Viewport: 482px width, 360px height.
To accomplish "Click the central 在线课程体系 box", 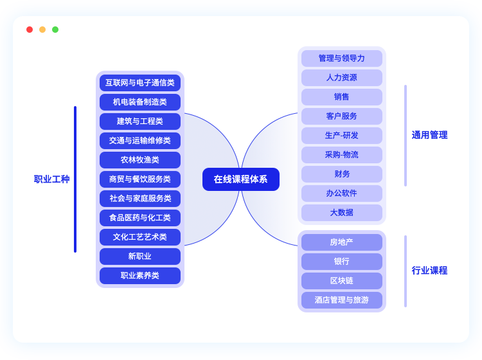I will click(x=241, y=179).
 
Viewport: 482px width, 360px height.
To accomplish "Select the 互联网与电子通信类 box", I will click(x=140, y=83).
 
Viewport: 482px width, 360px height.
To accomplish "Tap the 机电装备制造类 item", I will click(x=140, y=102).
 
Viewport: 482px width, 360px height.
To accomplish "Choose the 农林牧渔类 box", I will click(x=140, y=160).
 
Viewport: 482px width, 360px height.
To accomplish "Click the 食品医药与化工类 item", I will click(x=140, y=218).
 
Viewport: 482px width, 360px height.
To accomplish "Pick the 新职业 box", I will click(x=140, y=256).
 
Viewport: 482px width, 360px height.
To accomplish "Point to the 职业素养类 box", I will click(x=140, y=276).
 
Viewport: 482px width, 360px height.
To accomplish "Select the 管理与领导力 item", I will click(x=342, y=59).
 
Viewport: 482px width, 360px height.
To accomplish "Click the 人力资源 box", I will click(x=342, y=78).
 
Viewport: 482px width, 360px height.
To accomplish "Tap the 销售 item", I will click(x=342, y=97).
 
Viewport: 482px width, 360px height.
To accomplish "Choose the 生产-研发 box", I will click(x=342, y=136).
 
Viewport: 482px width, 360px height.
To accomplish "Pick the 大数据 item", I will click(x=342, y=213).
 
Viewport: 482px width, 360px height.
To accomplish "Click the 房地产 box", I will click(x=342, y=242).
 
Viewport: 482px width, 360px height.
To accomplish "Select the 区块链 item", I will click(x=342, y=281).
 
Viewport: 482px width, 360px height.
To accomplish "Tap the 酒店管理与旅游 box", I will click(x=342, y=300).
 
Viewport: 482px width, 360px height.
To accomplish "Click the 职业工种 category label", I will click(x=51, y=179).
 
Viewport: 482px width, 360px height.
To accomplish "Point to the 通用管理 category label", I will click(x=429, y=135).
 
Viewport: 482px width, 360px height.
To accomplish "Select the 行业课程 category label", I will click(x=429, y=271).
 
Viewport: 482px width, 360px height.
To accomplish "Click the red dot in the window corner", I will click(x=30, y=30).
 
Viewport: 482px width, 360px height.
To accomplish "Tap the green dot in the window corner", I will click(x=55, y=30).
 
